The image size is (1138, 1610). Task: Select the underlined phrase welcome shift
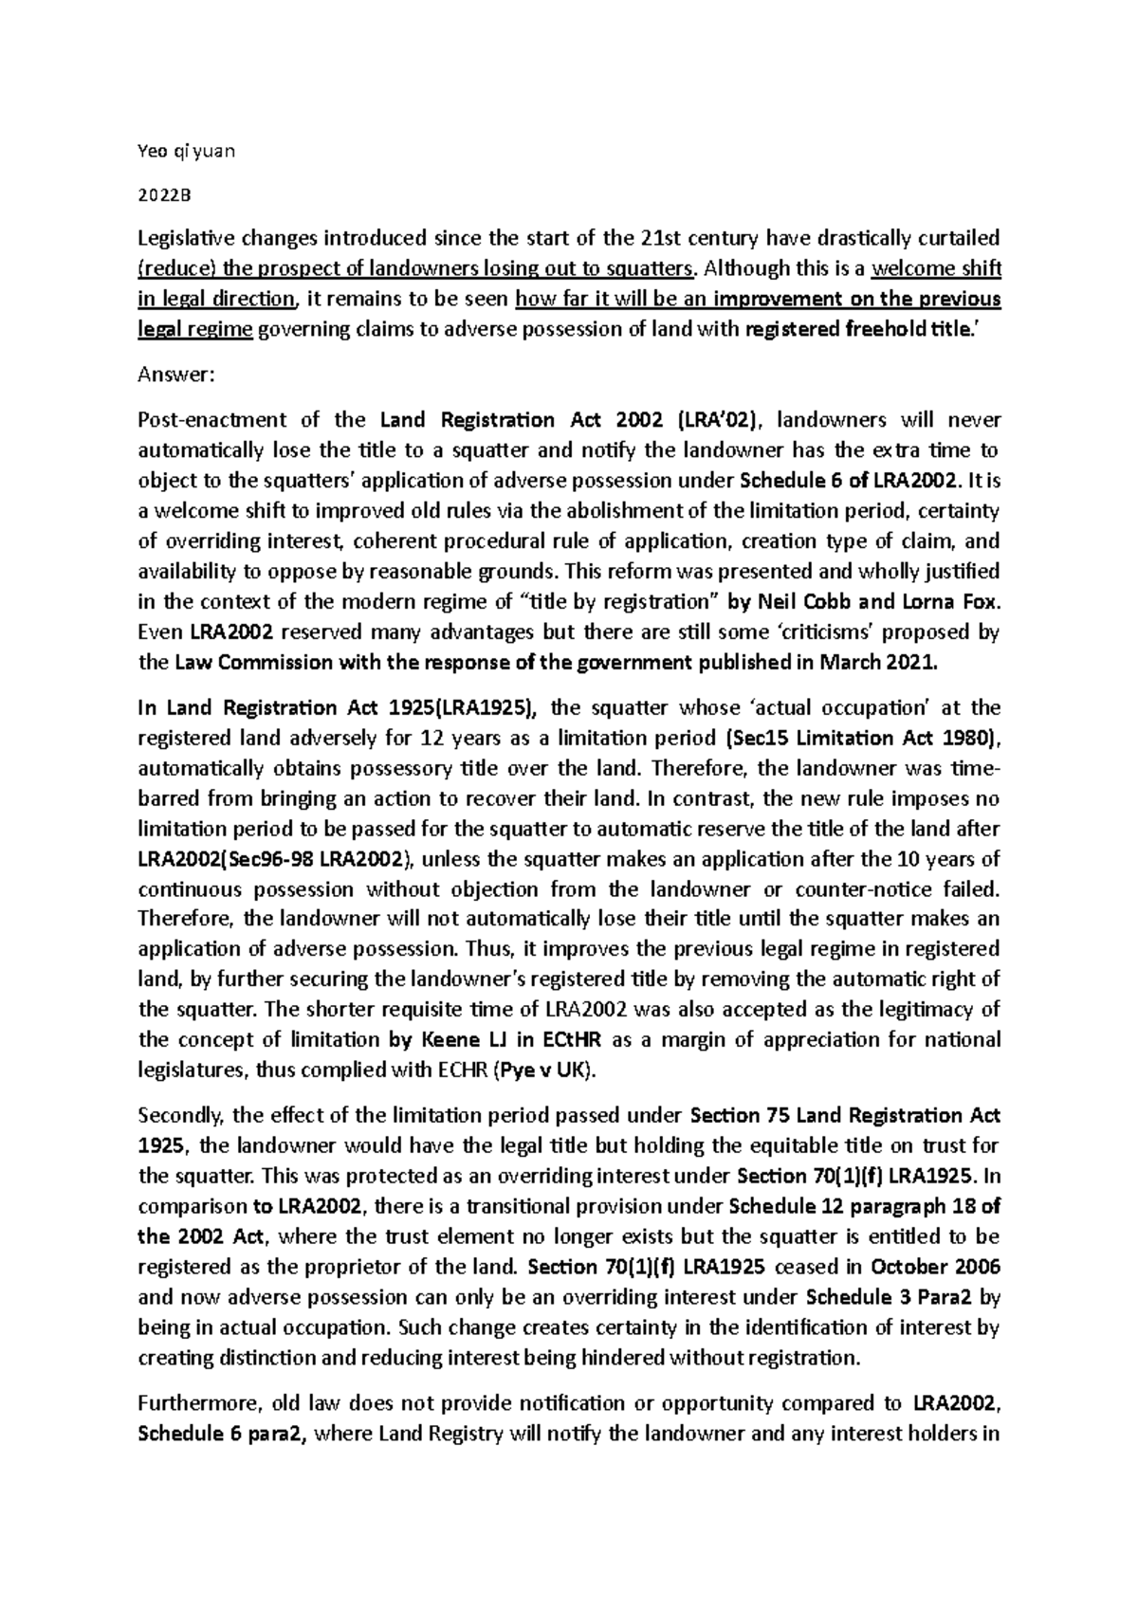click(x=936, y=268)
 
